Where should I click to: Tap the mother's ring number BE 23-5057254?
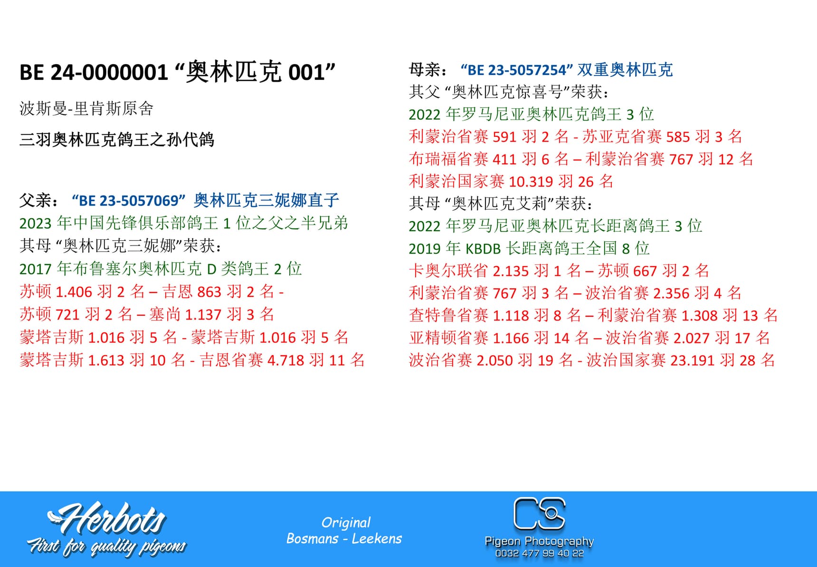(517, 70)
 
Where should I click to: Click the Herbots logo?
(106, 519)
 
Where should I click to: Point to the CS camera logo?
(540, 513)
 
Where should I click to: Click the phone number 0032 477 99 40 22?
(539, 553)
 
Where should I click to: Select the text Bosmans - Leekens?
(344, 539)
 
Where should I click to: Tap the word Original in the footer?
(346, 522)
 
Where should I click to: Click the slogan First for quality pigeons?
(106, 547)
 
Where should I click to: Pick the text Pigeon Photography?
(539, 541)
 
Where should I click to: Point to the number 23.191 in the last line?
(692, 360)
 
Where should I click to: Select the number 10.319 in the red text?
(531, 181)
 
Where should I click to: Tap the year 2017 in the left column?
(36, 269)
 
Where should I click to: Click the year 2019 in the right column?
(425, 248)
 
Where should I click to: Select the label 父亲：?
(40, 201)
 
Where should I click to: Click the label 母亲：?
(428, 70)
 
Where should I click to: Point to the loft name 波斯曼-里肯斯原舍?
(86, 109)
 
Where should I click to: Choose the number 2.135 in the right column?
(511, 271)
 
